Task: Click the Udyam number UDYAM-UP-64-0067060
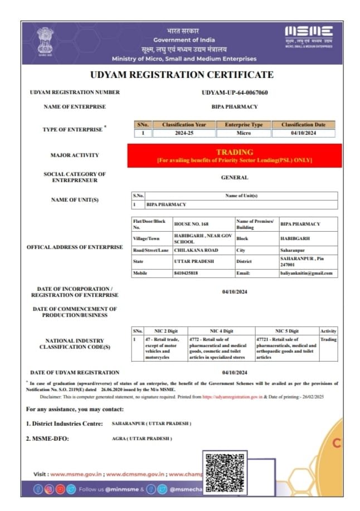pos(234,93)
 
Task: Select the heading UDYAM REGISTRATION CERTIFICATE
pos(182,75)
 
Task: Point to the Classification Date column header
pos(303,125)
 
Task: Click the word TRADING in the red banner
pos(234,152)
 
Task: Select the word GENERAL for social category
pos(234,178)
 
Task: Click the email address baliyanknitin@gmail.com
pos(307,273)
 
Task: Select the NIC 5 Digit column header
pos(286,331)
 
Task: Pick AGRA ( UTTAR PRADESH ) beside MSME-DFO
pos(142,439)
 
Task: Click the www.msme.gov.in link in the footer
pos(75,474)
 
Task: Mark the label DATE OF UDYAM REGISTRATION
pos(75,372)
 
